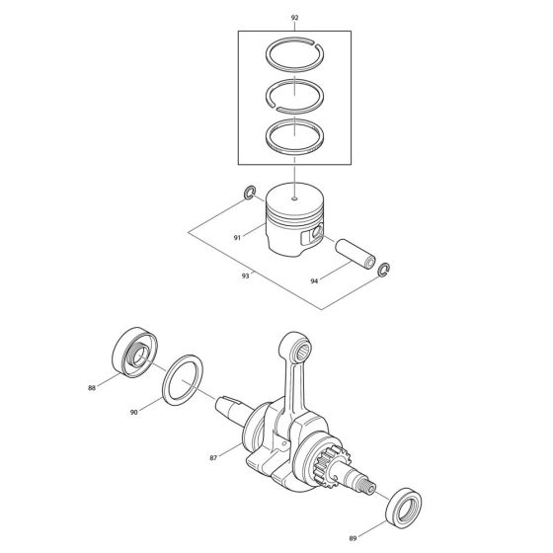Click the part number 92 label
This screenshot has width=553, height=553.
tap(294, 18)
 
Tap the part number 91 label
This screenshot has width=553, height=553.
tap(236, 237)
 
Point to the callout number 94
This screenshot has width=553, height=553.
tap(314, 281)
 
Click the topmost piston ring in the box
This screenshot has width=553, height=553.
tap(294, 59)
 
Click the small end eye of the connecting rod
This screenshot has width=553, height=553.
tap(298, 343)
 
